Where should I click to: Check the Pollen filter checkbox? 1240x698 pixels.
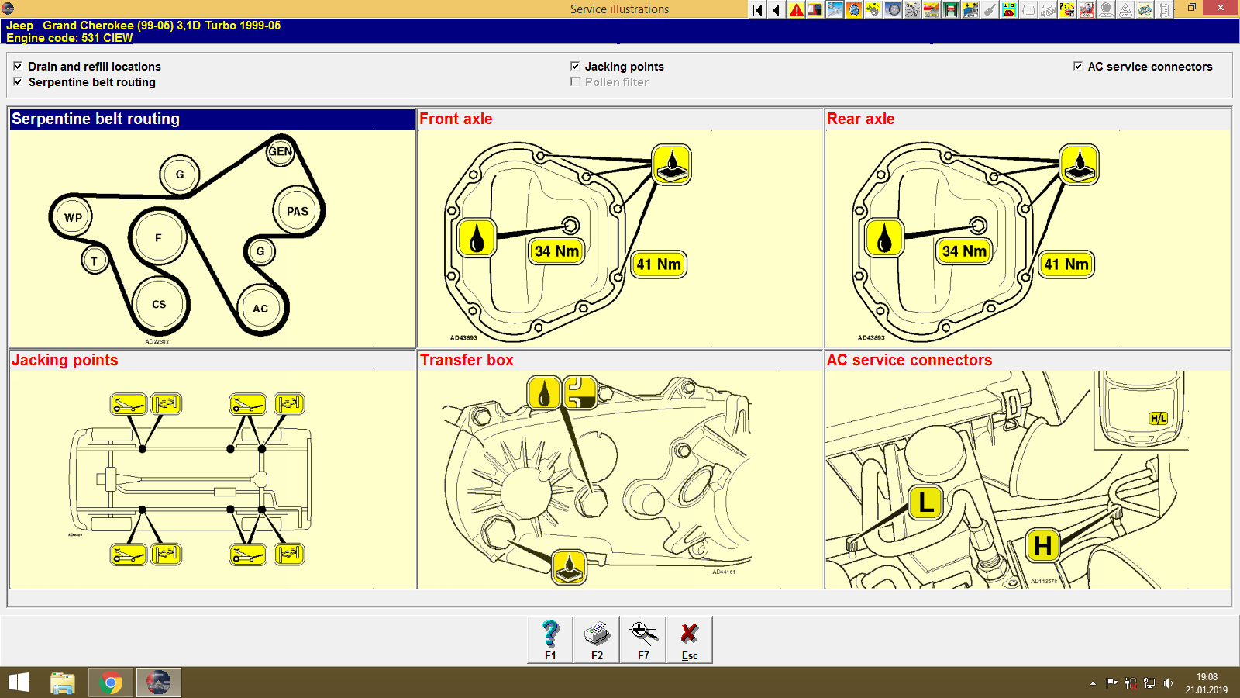575,81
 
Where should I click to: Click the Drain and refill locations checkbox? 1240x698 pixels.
18,66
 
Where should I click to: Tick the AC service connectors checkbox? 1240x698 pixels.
1077,66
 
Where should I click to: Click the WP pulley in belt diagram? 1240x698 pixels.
73,217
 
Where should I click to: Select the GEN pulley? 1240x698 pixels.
280,152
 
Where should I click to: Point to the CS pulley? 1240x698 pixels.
159,305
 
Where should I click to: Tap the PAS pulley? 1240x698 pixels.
298,211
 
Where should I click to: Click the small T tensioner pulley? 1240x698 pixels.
94,261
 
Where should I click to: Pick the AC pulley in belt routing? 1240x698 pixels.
260,308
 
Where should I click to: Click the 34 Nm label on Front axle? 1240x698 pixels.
556,251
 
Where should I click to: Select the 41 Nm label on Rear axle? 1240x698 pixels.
1066,264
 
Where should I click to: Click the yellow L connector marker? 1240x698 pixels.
925,503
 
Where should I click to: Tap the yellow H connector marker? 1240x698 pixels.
1043,546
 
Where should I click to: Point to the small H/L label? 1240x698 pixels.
1158,419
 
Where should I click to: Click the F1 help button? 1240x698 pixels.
550,640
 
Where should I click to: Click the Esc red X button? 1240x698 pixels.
689,640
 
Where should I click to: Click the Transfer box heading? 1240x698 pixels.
467,360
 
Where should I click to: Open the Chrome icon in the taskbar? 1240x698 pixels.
110,682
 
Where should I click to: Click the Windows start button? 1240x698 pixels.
19,682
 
